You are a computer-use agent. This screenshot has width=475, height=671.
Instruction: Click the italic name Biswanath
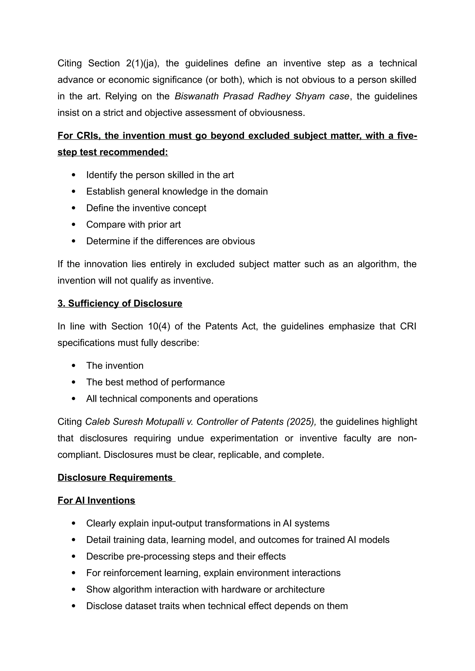[x=196, y=96]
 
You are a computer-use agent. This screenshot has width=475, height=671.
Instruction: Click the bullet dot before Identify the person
[x=74, y=175]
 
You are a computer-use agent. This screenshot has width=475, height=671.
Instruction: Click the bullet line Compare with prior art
[x=133, y=225]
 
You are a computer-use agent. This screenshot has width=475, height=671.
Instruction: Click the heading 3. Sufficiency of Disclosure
[x=120, y=303]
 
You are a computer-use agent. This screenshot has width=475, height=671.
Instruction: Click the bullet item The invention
[x=115, y=366]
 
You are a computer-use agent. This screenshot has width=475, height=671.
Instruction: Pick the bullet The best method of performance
[x=155, y=382]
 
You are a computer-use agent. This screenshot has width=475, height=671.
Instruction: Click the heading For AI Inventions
[x=96, y=500]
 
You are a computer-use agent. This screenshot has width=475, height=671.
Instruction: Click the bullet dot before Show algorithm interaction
[x=74, y=589]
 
